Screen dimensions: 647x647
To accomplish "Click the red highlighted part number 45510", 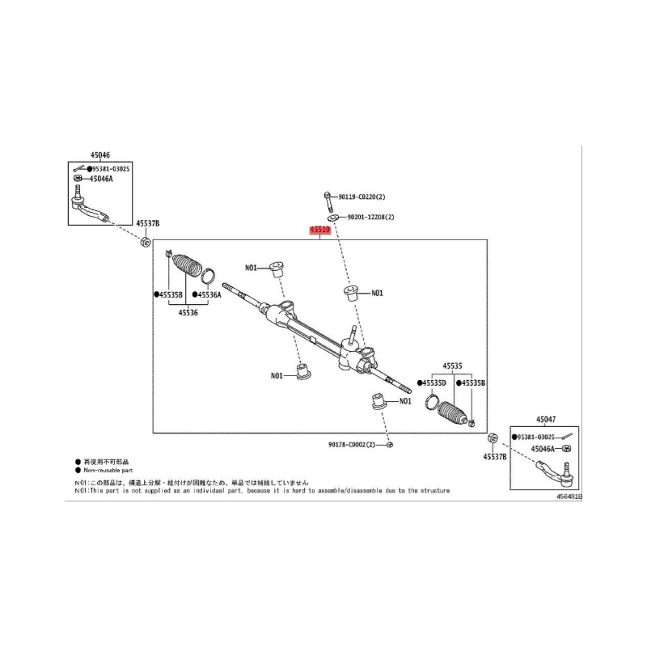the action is click(320, 230).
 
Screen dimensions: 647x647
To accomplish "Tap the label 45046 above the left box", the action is click(100, 154).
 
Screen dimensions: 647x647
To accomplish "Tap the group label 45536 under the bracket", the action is click(188, 311).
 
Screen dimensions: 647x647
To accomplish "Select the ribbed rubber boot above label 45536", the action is click(185, 267).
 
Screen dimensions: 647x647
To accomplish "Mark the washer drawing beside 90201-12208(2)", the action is click(333, 218).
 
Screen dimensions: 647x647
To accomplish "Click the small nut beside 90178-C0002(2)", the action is click(390, 445).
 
